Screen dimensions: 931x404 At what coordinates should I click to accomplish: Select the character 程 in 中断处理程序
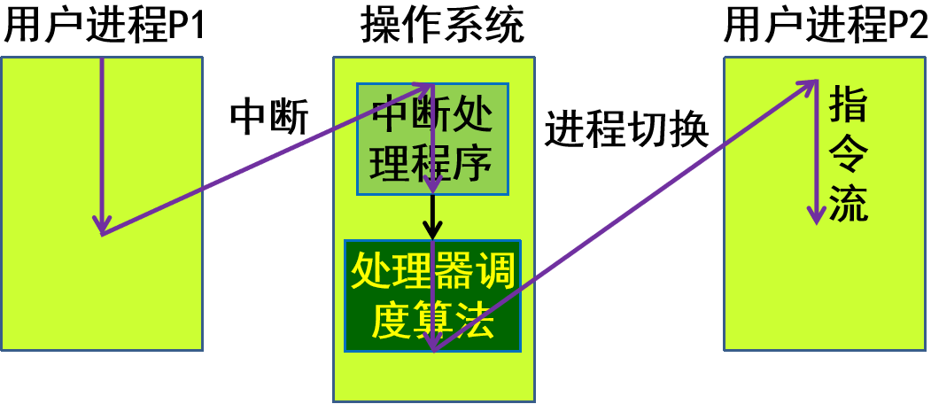pos(431,164)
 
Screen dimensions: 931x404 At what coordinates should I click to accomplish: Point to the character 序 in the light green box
pos(471,164)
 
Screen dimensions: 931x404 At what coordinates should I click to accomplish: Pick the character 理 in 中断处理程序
pos(390,164)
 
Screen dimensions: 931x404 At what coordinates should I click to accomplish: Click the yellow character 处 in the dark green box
pos(371,271)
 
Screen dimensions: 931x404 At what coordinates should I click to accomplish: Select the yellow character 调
pos(493,271)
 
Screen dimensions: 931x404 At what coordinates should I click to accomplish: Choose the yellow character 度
pos(392,321)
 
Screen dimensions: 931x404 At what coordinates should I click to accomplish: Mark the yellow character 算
pos(432,321)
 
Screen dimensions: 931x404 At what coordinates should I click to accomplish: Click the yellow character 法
pos(473,321)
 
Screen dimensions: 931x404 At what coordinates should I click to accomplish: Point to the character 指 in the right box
pos(849,105)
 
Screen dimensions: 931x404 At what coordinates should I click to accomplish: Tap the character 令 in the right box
pos(849,156)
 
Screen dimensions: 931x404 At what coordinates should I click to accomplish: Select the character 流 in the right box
pos(849,206)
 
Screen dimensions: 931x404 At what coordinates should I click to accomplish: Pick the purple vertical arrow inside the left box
pos(103,142)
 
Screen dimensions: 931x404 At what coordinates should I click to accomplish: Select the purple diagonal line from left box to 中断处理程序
pos(266,159)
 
